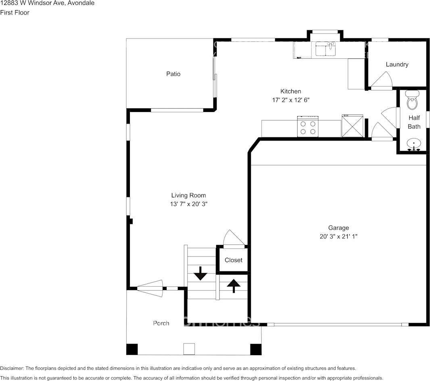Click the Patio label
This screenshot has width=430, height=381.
tap(173, 74)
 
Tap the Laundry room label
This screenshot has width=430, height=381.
tap(397, 64)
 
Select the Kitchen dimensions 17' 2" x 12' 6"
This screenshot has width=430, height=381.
tap(290, 100)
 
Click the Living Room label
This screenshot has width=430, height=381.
tap(188, 196)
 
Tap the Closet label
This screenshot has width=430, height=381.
tap(234, 260)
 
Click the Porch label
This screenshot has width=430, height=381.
tap(161, 323)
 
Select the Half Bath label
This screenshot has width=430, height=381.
tap(414, 122)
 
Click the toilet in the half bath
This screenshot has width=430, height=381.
tap(412, 101)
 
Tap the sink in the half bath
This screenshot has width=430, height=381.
tap(413, 144)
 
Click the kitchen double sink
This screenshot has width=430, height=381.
tap(326, 49)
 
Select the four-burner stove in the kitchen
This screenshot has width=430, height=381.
tap(308, 126)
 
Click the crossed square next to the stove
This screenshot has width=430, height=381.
tap(352, 126)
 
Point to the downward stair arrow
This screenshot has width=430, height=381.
tap(200, 273)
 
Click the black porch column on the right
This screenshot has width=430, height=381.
tap(256, 349)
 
